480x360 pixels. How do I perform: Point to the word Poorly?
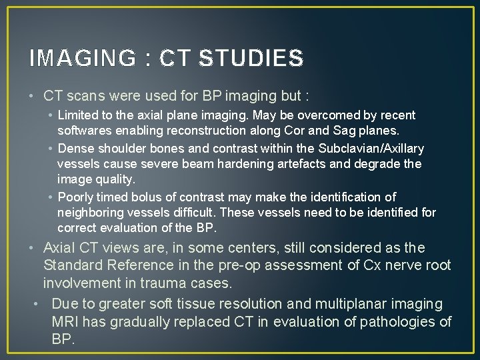75,197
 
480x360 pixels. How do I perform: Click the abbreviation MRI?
65,323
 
